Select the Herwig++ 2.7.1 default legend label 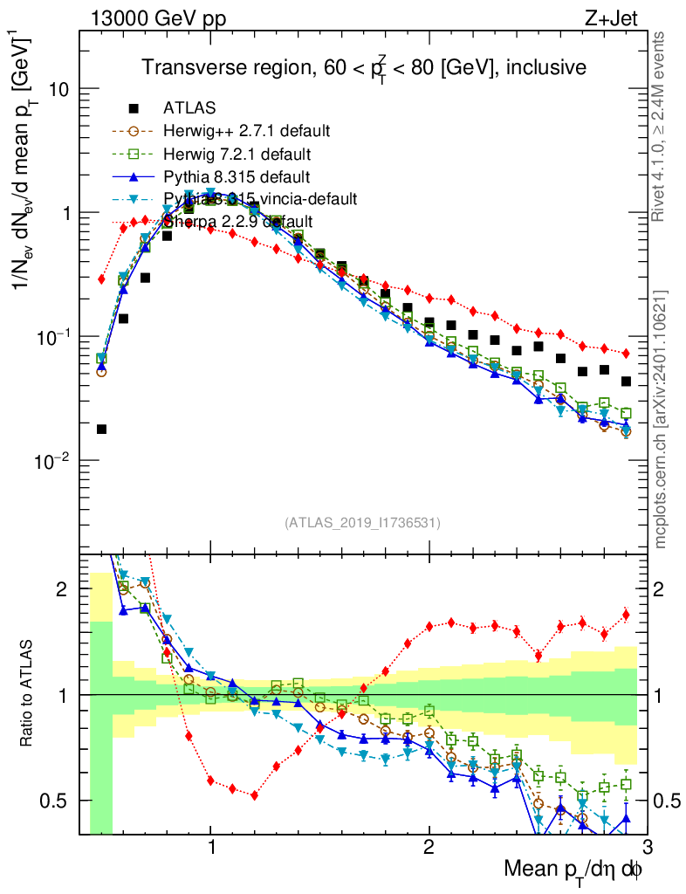246,132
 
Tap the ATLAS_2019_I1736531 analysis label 362,523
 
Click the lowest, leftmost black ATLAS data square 101,429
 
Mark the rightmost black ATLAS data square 626,382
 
